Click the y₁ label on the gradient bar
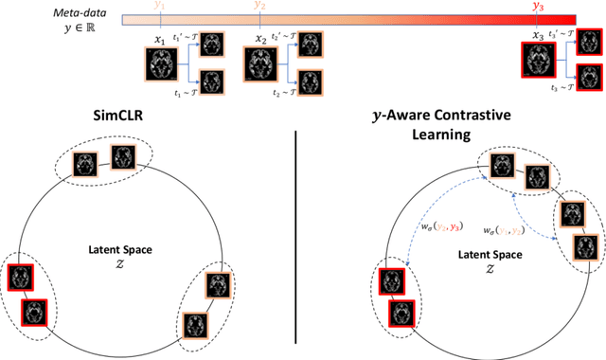(160, 6)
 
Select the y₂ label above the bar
(260, 6)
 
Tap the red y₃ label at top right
(539, 6)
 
